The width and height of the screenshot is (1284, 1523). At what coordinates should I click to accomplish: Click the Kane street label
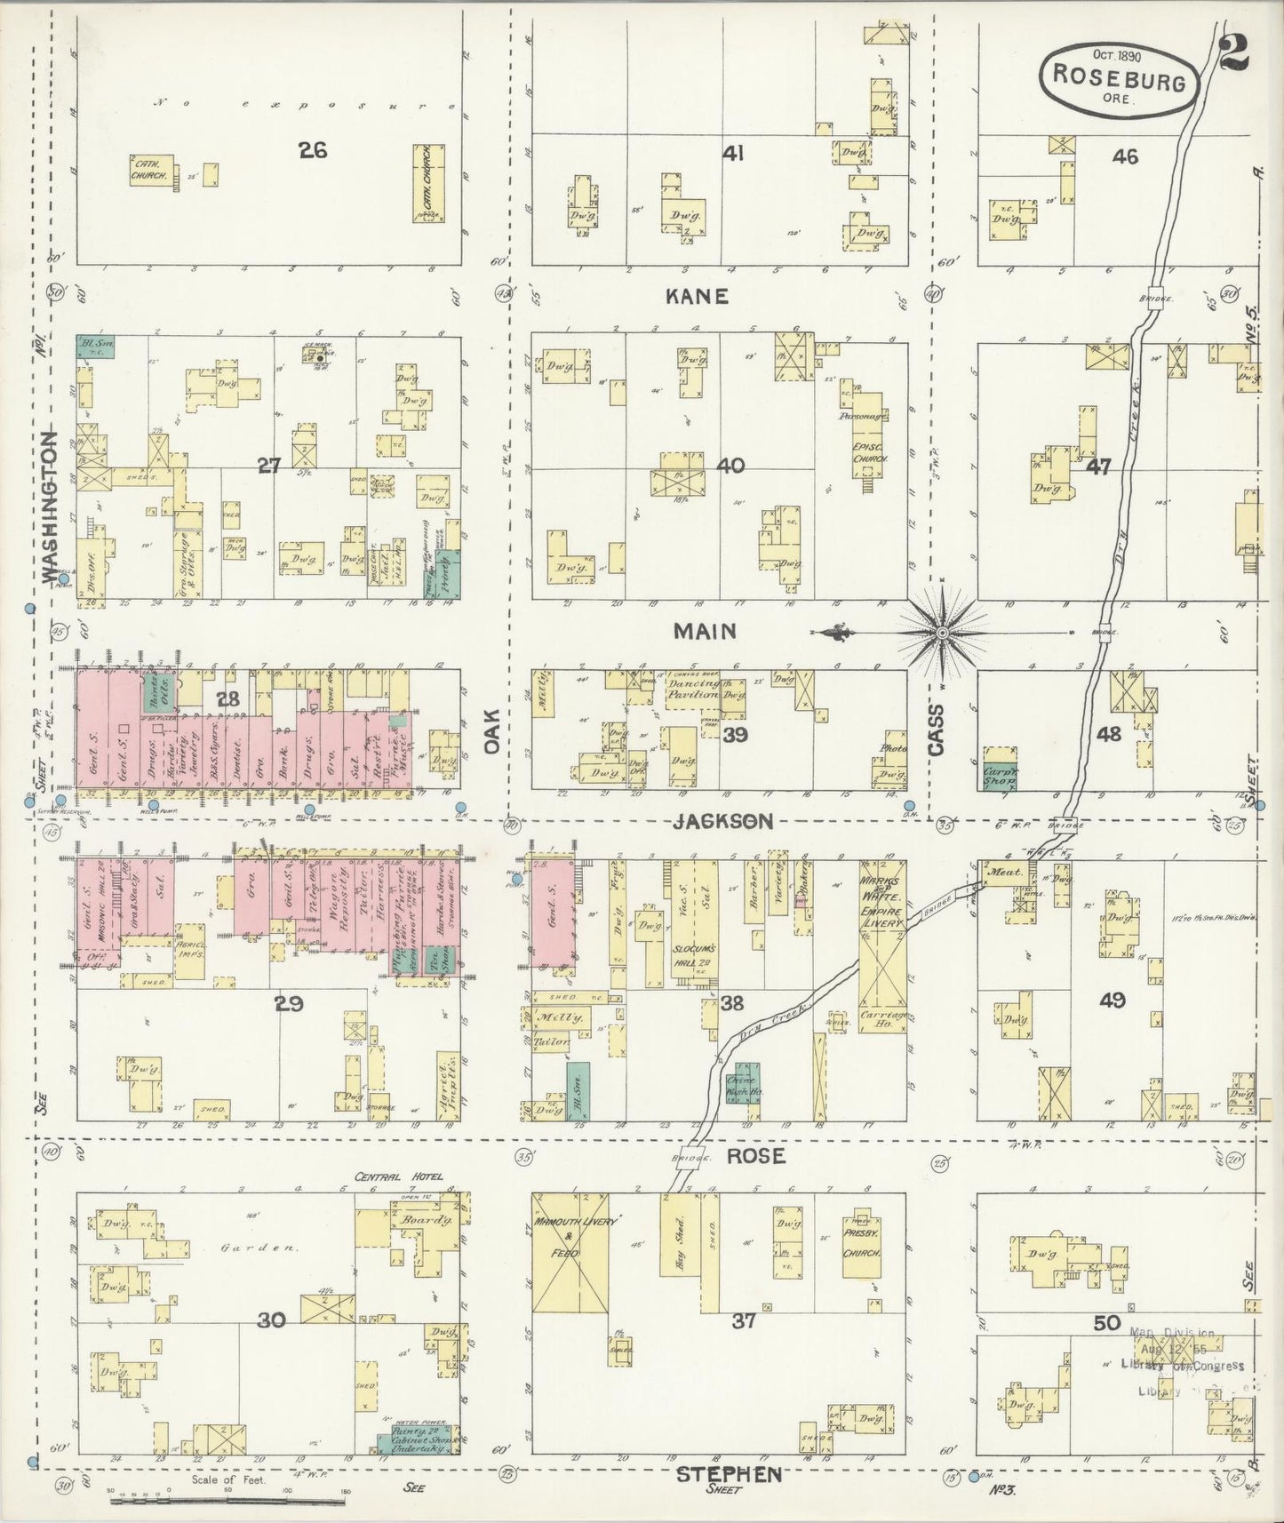[x=698, y=297]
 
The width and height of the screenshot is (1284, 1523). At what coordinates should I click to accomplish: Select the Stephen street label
[x=729, y=1474]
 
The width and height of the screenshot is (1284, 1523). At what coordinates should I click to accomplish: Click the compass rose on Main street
[x=942, y=632]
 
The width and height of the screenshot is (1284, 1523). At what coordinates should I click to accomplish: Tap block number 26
[x=312, y=150]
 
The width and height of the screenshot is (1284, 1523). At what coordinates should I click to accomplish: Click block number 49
[x=1112, y=1000]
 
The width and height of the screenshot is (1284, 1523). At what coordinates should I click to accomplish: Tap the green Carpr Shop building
[x=1001, y=777]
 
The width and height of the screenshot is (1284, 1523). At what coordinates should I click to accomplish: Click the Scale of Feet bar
[x=227, y=1501]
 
